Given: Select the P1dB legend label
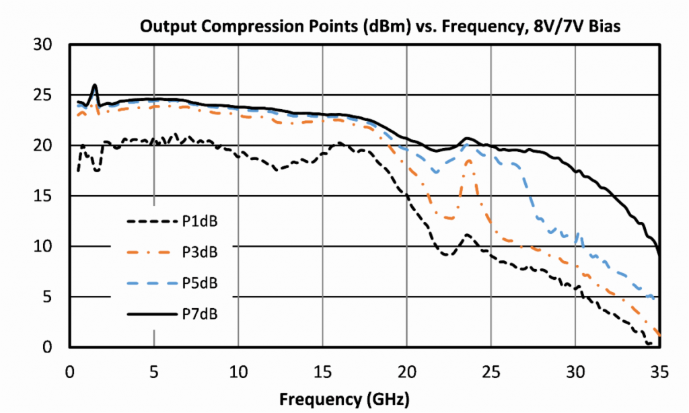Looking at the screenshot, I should [201, 221].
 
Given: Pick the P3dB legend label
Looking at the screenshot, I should [201, 252].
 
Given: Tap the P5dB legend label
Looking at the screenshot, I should [201, 283].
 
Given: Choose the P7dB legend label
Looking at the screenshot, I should [201, 313].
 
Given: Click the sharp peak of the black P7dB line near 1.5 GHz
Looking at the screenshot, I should [95, 85].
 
